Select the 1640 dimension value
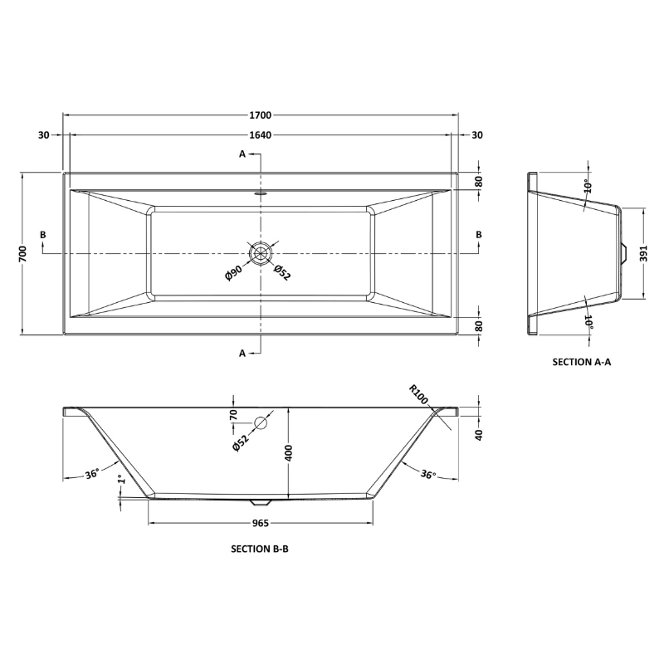point(261,135)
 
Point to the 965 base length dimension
point(261,523)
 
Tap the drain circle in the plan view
point(261,252)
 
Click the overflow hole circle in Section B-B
point(261,423)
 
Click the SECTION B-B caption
point(260,549)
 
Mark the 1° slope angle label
point(122,481)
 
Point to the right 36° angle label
point(428,474)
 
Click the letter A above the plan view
point(243,154)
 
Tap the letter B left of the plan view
point(43,235)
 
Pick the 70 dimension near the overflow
point(234,414)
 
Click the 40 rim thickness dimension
point(478,435)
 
